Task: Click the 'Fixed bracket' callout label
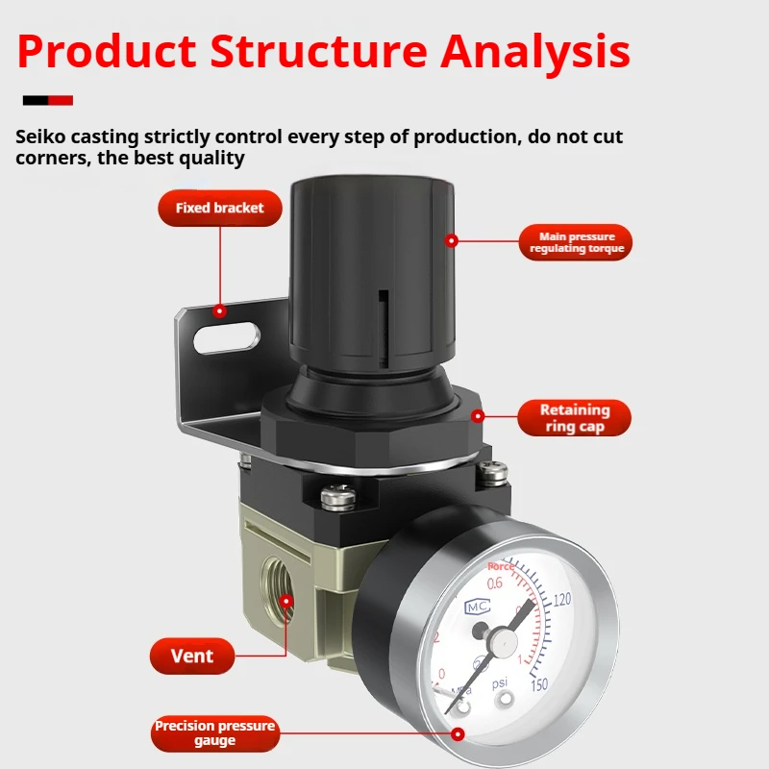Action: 219,208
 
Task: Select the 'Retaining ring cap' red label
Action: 574,419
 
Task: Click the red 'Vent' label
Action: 191,657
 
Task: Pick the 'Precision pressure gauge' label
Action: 214,732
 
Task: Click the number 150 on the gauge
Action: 538,684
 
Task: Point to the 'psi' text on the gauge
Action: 500,684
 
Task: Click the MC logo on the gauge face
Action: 478,607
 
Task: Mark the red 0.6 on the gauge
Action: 495,583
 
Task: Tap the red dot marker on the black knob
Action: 450,240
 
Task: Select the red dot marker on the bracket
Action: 219,310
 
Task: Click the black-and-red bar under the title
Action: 48,100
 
